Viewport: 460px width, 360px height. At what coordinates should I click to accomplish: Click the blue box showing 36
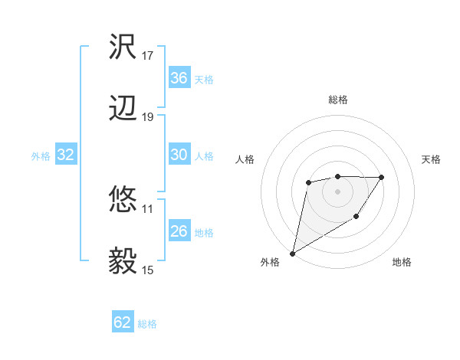point(179,78)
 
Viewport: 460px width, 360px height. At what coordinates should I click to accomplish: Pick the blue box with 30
point(179,155)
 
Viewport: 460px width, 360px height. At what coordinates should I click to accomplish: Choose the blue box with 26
point(179,231)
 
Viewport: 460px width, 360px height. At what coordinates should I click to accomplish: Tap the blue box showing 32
point(66,155)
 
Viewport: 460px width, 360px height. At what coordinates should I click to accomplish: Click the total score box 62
point(123,323)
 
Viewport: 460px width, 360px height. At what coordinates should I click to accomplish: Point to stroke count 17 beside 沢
point(148,56)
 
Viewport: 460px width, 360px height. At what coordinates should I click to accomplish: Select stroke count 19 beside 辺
point(148,117)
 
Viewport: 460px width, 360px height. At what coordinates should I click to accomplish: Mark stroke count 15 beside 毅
point(148,270)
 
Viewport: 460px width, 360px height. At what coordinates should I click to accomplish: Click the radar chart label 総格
point(337,100)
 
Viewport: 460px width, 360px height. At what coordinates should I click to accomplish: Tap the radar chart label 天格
point(432,159)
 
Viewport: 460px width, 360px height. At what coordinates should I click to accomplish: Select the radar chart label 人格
point(245,159)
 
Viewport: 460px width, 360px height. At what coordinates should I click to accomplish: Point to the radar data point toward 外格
point(292,254)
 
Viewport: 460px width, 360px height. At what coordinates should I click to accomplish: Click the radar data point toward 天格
point(382,177)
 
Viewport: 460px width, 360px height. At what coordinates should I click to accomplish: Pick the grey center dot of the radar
point(337,191)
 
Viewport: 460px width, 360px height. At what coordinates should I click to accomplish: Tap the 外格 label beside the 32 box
point(41,156)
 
